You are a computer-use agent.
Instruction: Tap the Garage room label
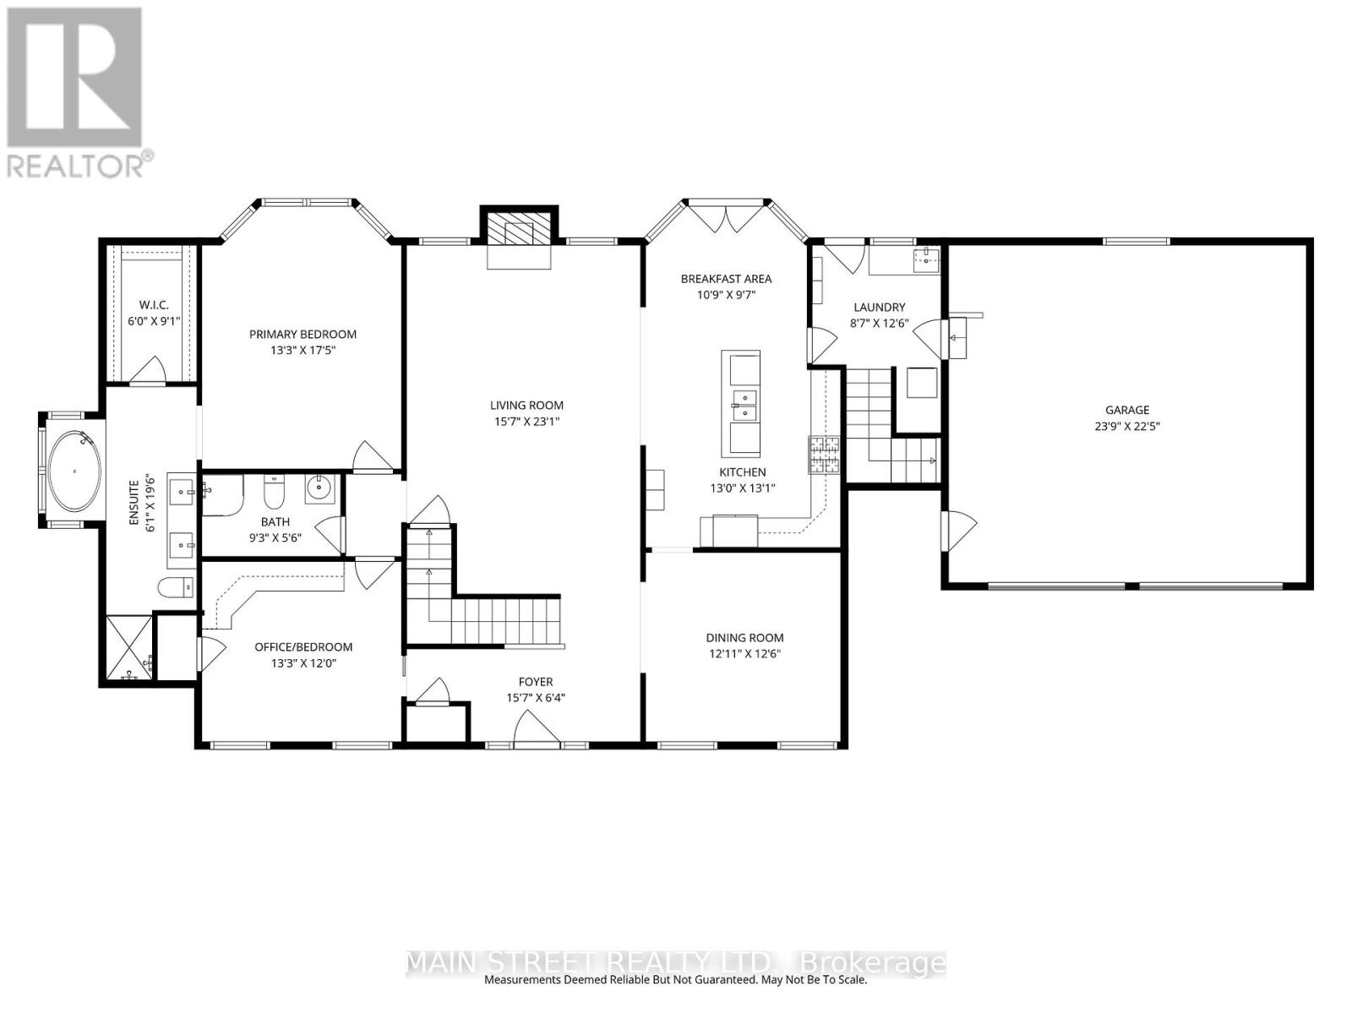[1127, 410]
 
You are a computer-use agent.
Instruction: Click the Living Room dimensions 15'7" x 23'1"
[526, 421]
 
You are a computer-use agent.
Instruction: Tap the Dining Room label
[744, 638]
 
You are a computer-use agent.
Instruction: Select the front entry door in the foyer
[538, 729]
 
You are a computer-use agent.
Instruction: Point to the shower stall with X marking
[129, 646]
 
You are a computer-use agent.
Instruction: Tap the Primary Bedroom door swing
[372, 456]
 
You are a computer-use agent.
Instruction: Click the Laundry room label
[879, 308]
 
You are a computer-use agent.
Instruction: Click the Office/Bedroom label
[303, 647]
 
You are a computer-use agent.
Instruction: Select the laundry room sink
[927, 257]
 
